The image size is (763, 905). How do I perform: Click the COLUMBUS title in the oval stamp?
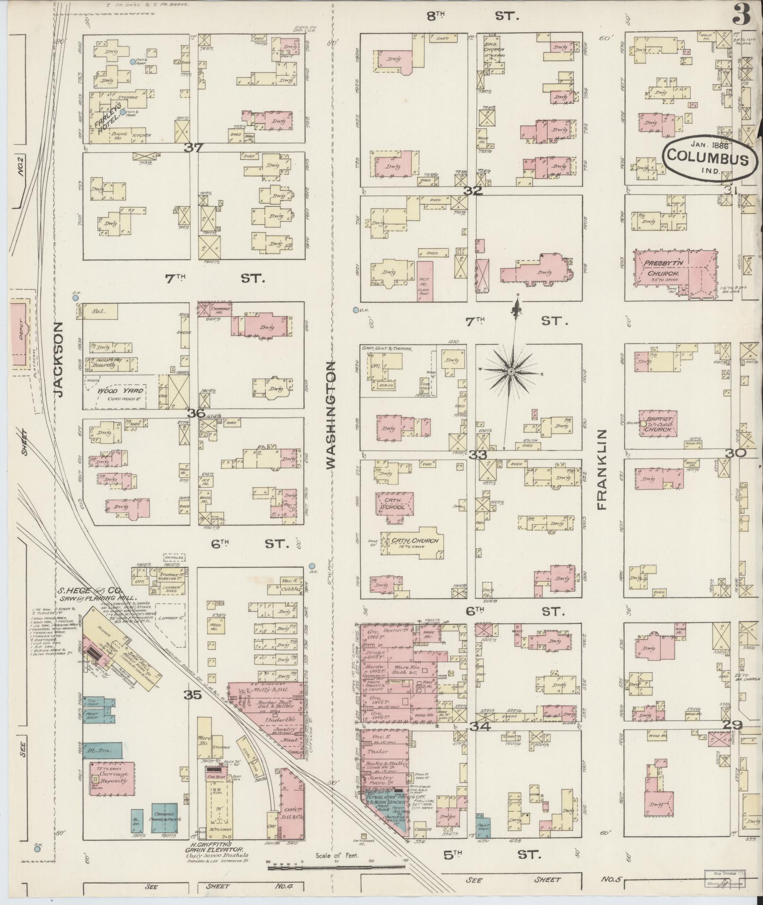pos(705,159)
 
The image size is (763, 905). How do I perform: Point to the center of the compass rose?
pos(511,372)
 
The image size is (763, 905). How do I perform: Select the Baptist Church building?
pos(658,422)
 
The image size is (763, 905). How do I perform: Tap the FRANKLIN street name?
pos(602,469)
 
